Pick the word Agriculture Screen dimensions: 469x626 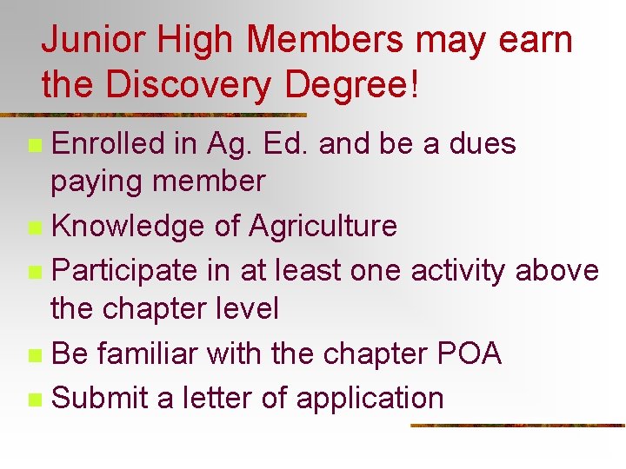tap(323, 227)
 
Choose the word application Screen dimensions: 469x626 tap(370, 399)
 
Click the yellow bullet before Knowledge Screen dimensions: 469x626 tap(34, 228)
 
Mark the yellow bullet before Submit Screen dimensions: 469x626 tap(34, 400)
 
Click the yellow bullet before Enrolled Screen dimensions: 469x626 tap(34, 145)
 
